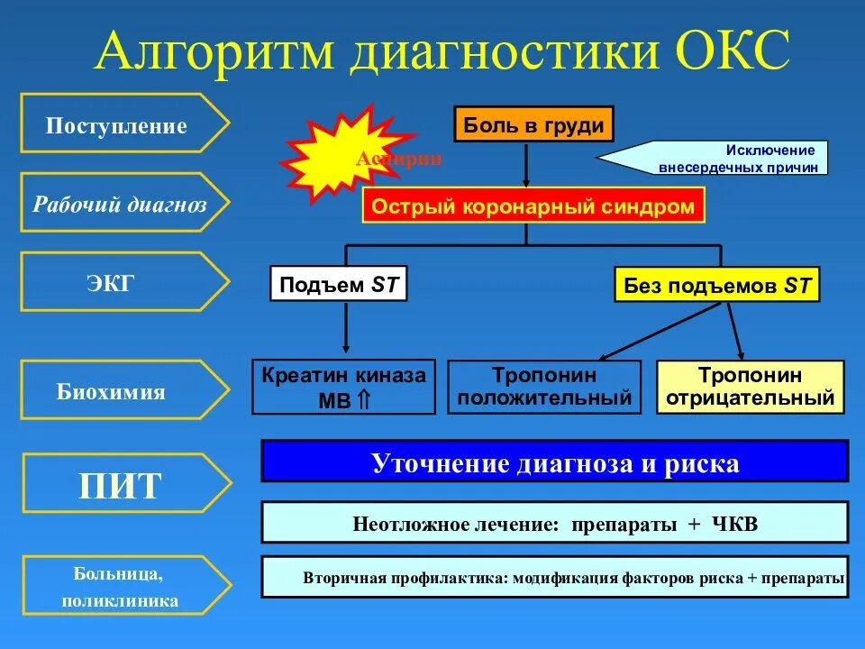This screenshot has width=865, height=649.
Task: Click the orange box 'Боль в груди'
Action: (x=533, y=124)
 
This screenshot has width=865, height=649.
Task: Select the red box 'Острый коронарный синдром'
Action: (x=533, y=206)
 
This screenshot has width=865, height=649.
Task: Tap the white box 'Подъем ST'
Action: (x=339, y=285)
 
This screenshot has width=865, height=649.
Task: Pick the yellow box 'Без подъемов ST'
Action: (x=717, y=286)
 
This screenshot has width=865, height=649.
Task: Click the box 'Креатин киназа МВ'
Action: (x=343, y=387)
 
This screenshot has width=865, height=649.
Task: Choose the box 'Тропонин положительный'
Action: (x=544, y=387)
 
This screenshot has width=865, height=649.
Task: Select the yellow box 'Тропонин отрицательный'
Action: (x=751, y=387)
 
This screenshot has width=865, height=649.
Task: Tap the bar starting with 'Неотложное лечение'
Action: (x=555, y=523)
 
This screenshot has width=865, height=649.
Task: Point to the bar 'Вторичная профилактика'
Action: (x=555, y=577)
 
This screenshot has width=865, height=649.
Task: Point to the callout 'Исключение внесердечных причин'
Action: (x=720, y=159)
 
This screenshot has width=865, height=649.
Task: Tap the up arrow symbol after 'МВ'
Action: (x=365, y=400)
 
